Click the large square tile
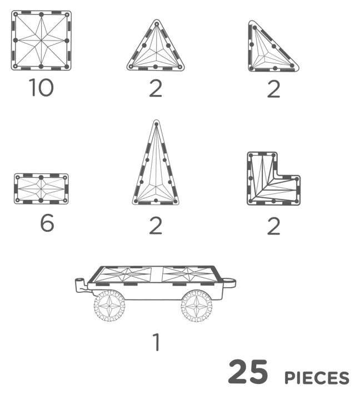41,41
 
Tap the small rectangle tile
41,189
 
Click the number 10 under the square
41,87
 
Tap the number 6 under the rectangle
47,223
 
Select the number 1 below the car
157,342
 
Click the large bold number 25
248,372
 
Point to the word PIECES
317,378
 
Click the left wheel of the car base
109,306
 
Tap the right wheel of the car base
197,306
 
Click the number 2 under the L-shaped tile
273,226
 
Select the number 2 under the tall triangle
156,226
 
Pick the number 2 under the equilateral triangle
156,88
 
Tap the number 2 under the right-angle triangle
273,89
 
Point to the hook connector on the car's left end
81,284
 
